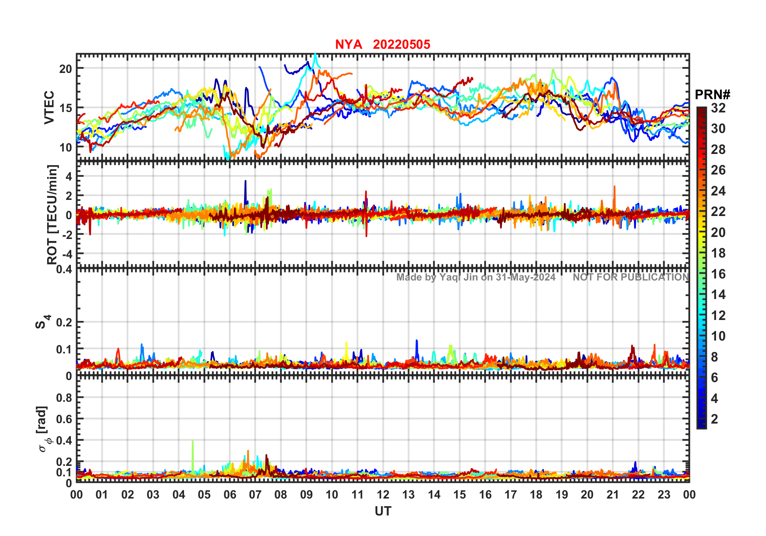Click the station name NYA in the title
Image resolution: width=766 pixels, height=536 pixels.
(348, 44)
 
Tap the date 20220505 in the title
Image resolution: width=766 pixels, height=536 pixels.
(401, 44)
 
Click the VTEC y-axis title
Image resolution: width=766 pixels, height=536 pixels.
(49, 107)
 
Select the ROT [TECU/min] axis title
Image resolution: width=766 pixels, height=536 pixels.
(52, 214)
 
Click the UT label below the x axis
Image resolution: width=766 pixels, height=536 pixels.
(383, 511)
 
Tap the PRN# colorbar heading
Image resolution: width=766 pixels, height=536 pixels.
(712, 95)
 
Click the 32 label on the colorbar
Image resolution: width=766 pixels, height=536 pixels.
(718, 108)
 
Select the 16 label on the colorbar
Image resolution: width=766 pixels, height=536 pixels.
(718, 274)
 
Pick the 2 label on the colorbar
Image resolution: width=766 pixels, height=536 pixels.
(714, 419)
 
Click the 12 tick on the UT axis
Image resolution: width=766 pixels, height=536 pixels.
(383, 494)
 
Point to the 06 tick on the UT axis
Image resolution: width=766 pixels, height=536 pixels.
(230, 494)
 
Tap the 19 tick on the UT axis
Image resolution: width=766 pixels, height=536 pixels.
(561, 494)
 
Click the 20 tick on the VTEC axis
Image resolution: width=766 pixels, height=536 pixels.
(66, 69)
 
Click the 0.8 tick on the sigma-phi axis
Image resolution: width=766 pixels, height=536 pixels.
(64, 398)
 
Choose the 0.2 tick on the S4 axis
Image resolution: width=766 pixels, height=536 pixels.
(64, 322)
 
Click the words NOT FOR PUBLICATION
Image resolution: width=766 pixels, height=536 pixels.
(631, 277)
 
